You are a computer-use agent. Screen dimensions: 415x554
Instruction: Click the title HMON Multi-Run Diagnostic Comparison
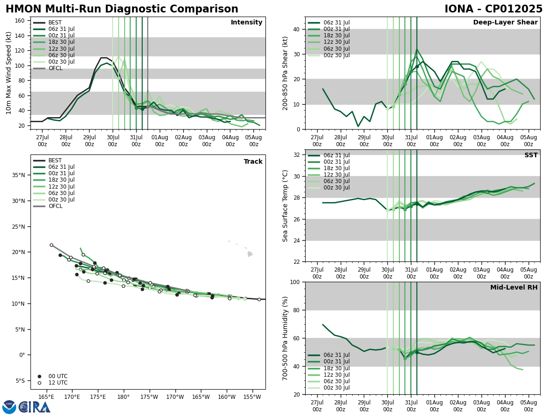coord(122,9)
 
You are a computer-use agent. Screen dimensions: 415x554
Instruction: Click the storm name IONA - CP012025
coord(493,9)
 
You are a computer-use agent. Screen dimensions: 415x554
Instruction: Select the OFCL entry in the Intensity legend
coord(55,68)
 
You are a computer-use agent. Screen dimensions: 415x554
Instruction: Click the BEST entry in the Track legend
coord(55,160)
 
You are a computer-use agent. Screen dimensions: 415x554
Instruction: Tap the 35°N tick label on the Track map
coord(18,175)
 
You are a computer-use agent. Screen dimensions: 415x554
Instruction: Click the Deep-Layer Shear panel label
coord(505,23)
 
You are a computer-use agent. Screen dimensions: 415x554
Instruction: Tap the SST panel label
coord(530,155)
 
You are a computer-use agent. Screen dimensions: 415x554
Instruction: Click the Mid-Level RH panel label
coord(513,288)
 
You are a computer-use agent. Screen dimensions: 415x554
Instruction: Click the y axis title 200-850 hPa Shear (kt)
coord(286,73)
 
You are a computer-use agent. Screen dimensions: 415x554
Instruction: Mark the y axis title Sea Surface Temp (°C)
coord(286,206)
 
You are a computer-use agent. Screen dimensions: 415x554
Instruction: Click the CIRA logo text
coord(35,407)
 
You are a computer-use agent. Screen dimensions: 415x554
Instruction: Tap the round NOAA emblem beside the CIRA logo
coord(9,407)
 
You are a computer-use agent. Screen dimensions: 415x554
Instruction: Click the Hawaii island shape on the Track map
coord(250,254)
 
